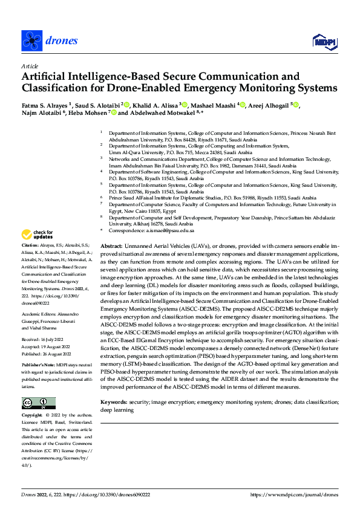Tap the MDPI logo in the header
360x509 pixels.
(325, 41)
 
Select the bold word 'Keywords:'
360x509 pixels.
(113, 402)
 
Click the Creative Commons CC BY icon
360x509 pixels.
(38, 386)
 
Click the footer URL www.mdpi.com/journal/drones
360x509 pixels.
(303, 495)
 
